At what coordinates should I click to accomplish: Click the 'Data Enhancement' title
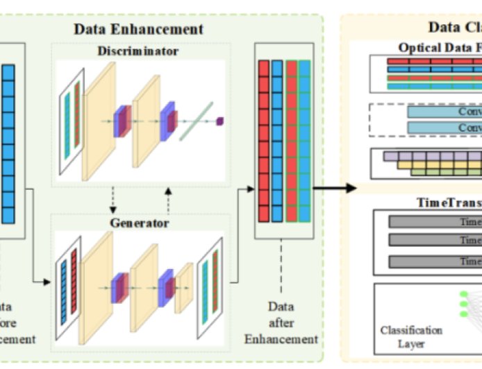(x=139, y=28)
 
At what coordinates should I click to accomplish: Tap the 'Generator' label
(x=139, y=223)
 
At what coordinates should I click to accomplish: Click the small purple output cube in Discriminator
(x=220, y=121)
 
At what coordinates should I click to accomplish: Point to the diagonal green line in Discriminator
(x=196, y=121)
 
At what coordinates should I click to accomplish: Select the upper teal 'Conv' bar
(x=444, y=112)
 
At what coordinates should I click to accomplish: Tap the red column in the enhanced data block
(x=263, y=139)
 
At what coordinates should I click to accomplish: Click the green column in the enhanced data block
(x=292, y=139)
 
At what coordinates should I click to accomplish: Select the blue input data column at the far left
(x=8, y=143)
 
